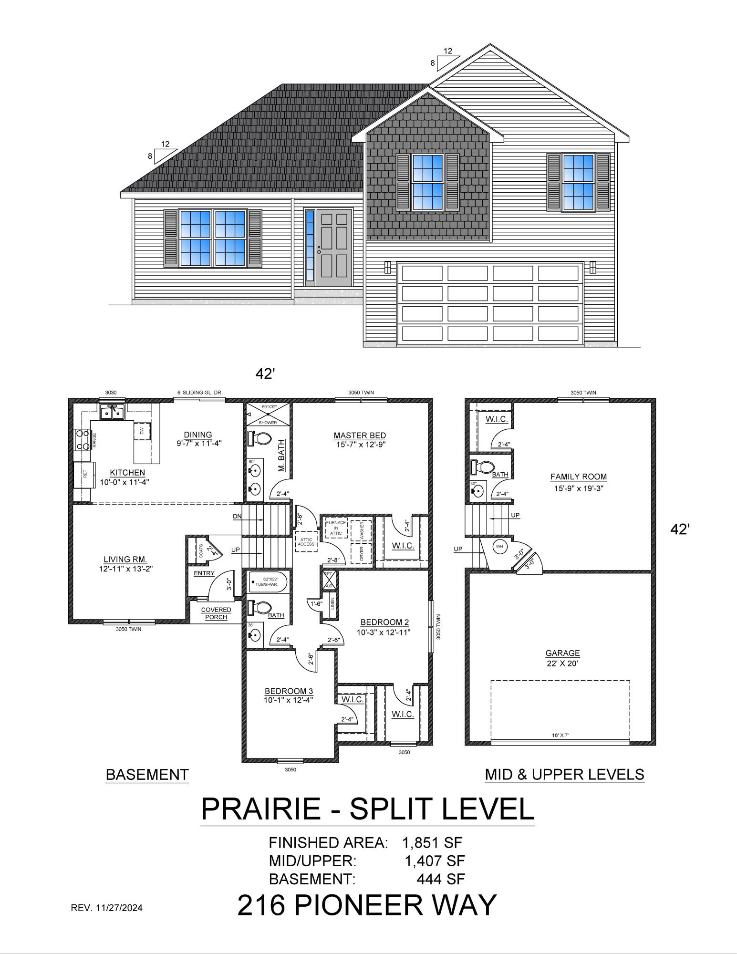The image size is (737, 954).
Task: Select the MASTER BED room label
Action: tap(360, 436)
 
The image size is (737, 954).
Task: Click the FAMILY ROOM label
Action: tap(578, 477)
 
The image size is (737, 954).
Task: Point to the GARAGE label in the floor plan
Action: tap(562, 653)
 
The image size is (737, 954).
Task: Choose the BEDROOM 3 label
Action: tap(289, 691)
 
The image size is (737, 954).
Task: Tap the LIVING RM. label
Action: tap(125, 560)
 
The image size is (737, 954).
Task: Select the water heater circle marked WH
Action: tap(500, 547)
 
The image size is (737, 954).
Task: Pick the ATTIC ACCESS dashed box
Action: tap(306, 541)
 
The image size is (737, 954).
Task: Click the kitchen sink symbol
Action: tap(113, 412)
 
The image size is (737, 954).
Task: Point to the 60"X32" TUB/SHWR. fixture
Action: tap(267, 582)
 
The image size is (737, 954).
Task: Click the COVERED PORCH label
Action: tap(216, 613)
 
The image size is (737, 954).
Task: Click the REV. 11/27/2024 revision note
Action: tap(106, 908)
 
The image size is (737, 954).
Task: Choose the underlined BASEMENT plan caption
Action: tap(147, 775)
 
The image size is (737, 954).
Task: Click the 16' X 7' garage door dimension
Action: tap(560, 735)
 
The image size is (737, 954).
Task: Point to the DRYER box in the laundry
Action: tap(361, 553)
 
